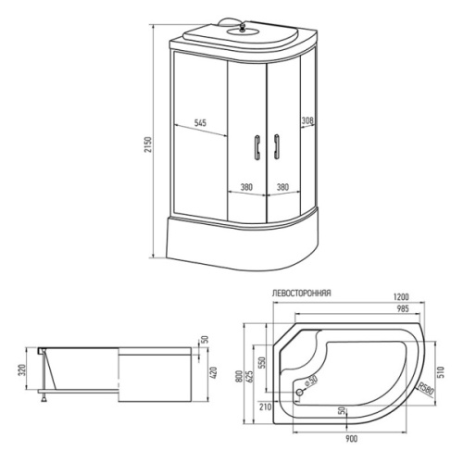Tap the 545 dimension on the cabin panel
200,123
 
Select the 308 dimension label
307,120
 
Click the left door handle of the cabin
257,147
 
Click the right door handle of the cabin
276,147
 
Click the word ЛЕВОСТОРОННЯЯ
302,293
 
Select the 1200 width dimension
401,297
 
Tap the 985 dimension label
403,308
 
